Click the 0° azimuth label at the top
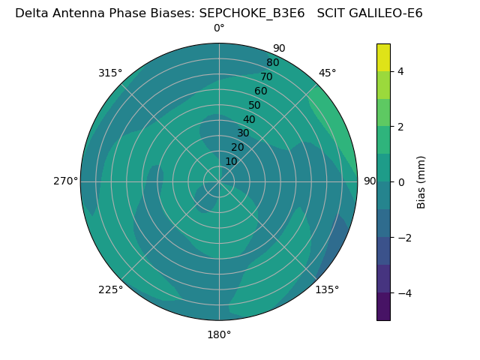coord(219,28)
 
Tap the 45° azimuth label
coord(327,73)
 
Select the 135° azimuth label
coord(327,289)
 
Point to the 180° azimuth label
coord(219,335)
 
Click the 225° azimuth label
coord(110,289)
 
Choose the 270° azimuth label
coord(65,181)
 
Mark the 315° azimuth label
coord(110,73)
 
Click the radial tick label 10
coord(231,162)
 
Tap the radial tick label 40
coord(249,119)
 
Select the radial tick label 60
coord(261,91)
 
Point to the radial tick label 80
coord(273,62)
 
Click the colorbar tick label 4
coord(400,71)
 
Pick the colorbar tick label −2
coord(405,238)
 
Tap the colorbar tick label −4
coord(405,293)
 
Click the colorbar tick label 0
coord(401,182)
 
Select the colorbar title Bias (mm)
coord(421,182)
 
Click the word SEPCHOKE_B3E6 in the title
coord(252,13)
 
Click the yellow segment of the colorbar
coord(383,58)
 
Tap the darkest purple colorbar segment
coord(383,307)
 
